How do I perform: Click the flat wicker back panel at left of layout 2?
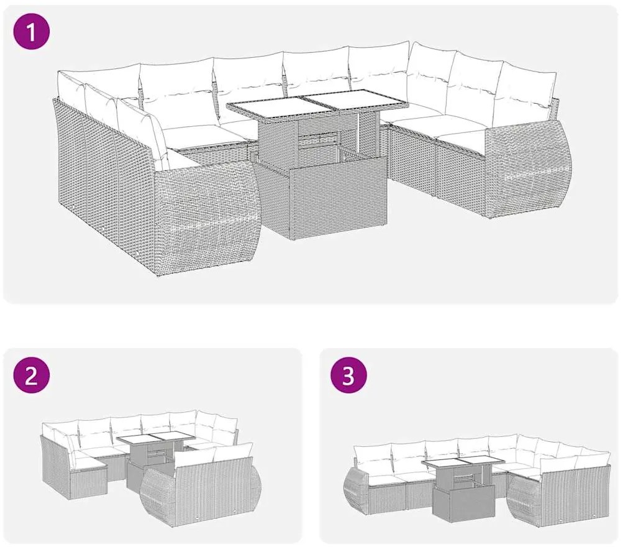coord(55,466)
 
